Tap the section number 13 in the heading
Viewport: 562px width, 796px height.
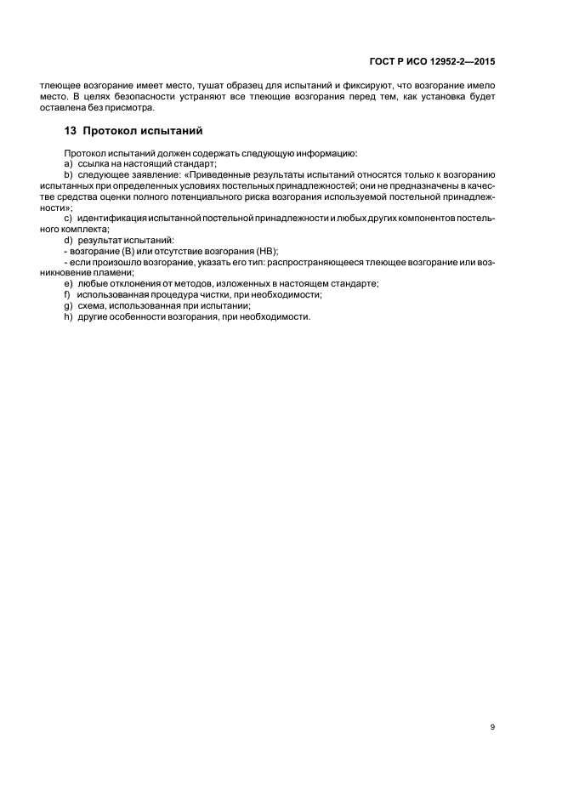[x=71, y=132]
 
